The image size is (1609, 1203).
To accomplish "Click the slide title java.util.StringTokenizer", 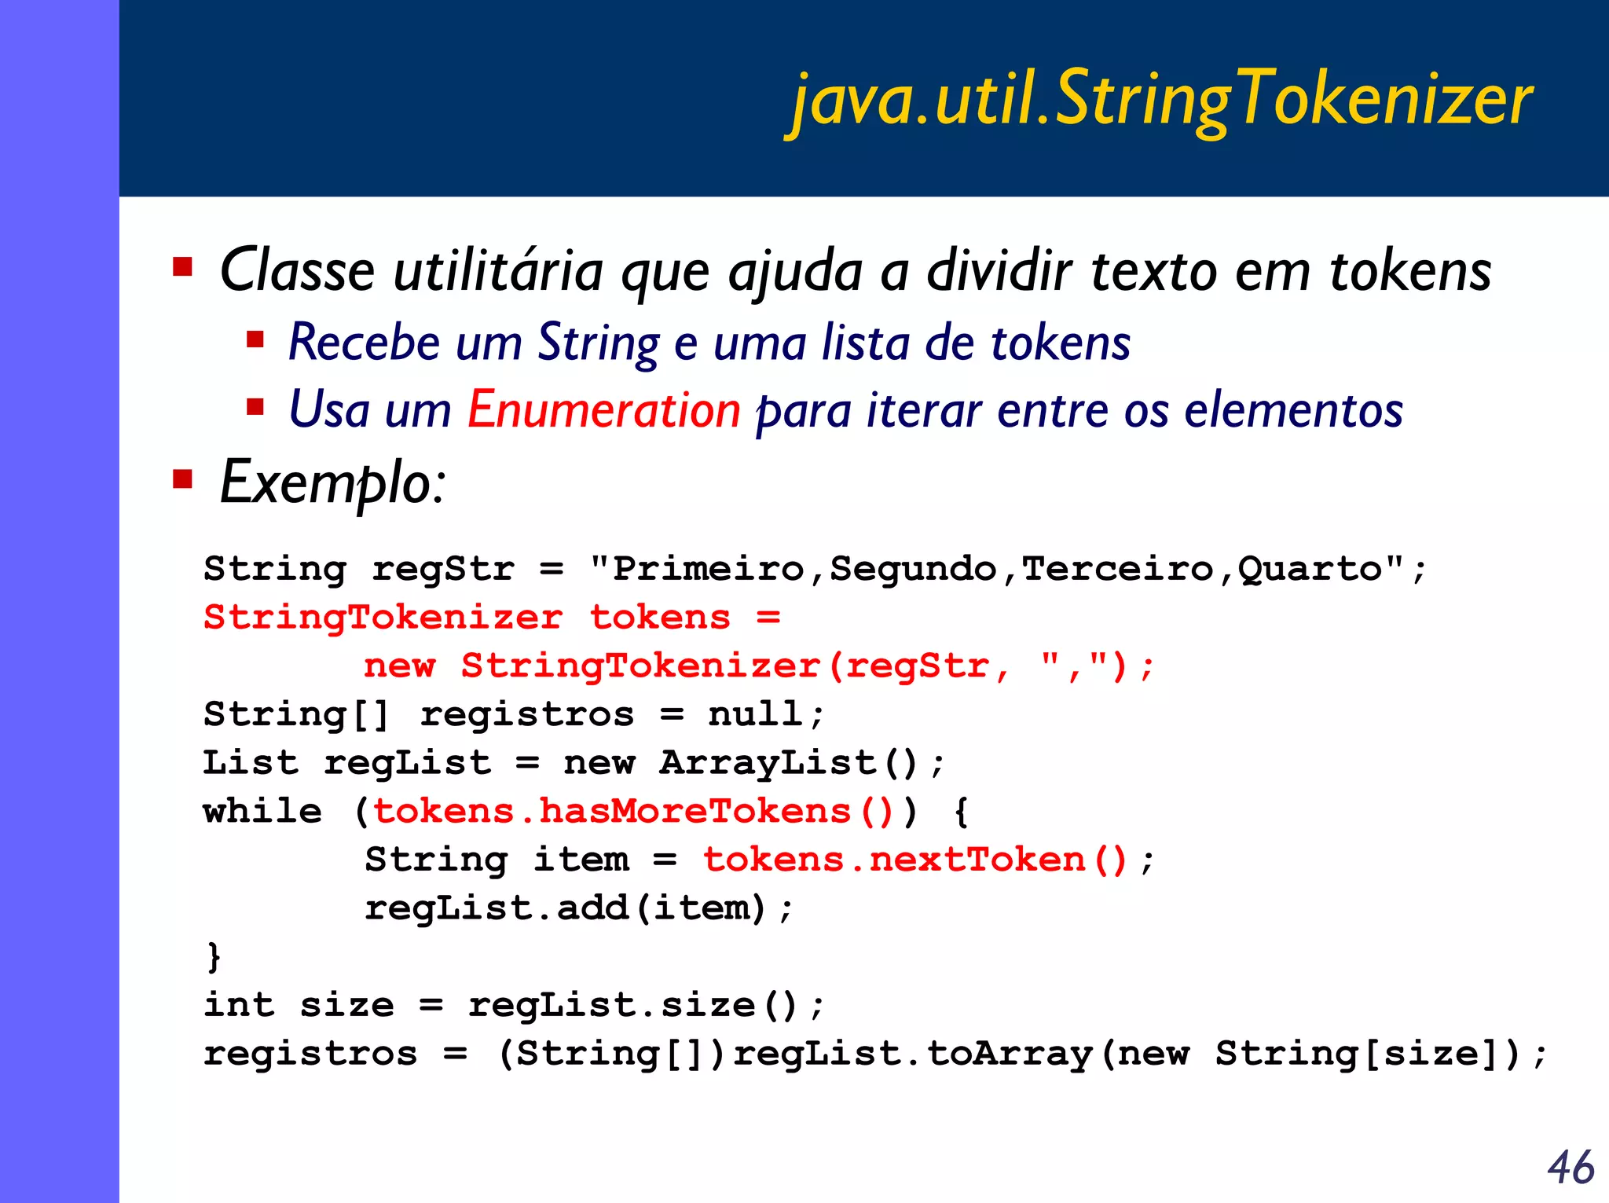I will pos(1161,101).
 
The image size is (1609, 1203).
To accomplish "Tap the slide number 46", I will pos(1571,1167).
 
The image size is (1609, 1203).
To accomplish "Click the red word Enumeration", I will pos(603,410).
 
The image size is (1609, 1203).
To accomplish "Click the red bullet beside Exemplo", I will pos(183,479).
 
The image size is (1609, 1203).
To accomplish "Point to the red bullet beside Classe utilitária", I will pos(183,267).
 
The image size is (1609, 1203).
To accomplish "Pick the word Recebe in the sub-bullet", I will pos(364,343).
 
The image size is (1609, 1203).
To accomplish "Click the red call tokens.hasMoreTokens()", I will pos(633,812).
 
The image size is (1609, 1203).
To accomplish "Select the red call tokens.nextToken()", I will pos(915,860).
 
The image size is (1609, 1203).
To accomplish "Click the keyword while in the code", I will pos(262,812).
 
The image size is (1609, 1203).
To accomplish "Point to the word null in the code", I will pos(755,714).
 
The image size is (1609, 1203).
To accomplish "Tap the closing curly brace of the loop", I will pos(213,956).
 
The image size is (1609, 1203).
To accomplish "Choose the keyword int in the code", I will pos(239,1005).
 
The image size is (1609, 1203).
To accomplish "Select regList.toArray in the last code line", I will pos(912,1054).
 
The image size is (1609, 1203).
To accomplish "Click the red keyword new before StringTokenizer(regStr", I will pos(399,666).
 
